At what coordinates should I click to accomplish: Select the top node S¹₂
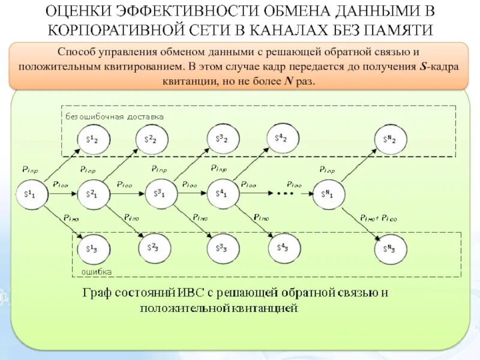pyautogui.click(x=92, y=139)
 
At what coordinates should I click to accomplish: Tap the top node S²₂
pyautogui.click(x=152, y=139)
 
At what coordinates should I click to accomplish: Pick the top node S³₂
pyautogui.click(x=222, y=139)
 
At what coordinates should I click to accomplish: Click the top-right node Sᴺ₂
pyautogui.click(x=389, y=139)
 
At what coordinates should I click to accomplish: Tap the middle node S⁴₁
pyautogui.click(x=222, y=193)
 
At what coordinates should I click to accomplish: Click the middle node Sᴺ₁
pyautogui.click(x=328, y=193)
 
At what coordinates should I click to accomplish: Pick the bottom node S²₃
pyautogui.click(x=154, y=246)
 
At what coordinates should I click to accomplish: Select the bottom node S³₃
pyautogui.click(x=222, y=248)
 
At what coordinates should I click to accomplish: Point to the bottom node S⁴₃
pyautogui.click(x=282, y=248)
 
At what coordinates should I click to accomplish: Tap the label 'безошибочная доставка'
pyautogui.click(x=114, y=116)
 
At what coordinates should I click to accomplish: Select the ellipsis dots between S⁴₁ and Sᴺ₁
pyautogui.click(x=286, y=194)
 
